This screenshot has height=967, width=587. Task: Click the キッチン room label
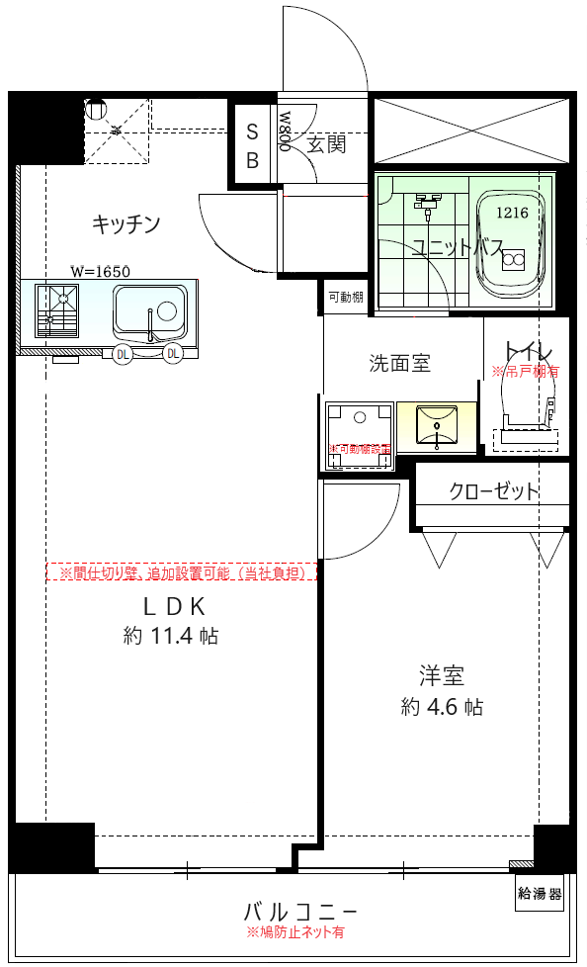click(x=126, y=224)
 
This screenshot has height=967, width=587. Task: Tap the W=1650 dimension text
click(x=100, y=270)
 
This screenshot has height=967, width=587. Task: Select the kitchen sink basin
click(x=149, y=311)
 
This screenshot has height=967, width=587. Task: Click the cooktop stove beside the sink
click(x=57, y=309)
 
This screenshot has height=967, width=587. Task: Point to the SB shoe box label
click(x=252, y=145)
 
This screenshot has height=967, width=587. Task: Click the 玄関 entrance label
click(x=326, y=144)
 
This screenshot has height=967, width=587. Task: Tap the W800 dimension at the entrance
click(x=285, y=130)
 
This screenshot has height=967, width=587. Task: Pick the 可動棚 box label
click(x=345, y=297)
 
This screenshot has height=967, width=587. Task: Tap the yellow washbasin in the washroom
click(x=435, y=425)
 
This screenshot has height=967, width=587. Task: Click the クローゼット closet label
click(x=494, y=491)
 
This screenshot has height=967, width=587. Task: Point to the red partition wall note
click(x=183, y=572)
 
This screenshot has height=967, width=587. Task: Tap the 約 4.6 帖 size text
click(x=442, y=707)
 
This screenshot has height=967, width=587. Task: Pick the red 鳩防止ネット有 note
click(x=295, y=932)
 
